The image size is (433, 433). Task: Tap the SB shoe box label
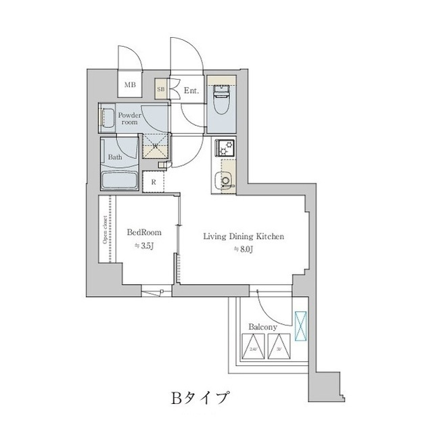(161, 89)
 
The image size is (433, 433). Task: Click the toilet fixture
(220, 103)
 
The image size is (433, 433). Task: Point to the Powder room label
(129, 118)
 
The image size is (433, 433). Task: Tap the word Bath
(116, 158)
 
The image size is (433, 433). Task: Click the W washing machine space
(156, 145)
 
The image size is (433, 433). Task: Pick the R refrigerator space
(154, 181)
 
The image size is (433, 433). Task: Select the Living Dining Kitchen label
(239, 237)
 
